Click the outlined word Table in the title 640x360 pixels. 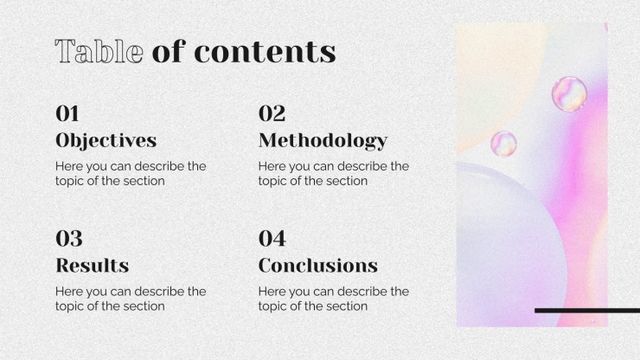99,51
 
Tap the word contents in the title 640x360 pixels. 265,52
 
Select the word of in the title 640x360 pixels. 169,51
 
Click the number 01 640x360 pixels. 67,113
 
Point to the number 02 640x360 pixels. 272,113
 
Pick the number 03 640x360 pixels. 69,238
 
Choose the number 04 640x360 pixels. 272,238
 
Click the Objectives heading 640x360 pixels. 106,141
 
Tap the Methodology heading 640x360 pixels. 323,141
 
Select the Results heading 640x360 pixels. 93,266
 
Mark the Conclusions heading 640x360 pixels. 318,266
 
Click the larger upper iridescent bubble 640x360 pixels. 569,94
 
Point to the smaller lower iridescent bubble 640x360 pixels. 503,144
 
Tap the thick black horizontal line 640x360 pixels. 587,311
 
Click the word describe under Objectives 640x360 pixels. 160,166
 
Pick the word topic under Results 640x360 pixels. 69,306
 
